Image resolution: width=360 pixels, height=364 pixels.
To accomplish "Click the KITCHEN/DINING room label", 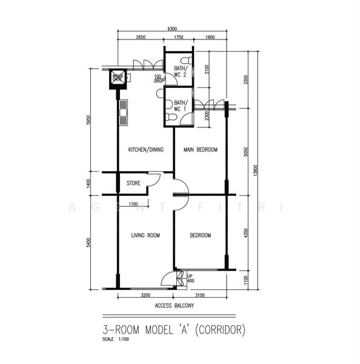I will pyautogui.click(x=144, y=149).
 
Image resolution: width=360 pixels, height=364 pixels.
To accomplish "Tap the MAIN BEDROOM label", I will pyautogui.click(x=201, y=149).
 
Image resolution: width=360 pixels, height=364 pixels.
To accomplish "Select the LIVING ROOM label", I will pyautogui.click(x=145, y=235).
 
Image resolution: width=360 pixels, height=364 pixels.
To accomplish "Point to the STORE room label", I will pyautogui.click(x=133, y=183).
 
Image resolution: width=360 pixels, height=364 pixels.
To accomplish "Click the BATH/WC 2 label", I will pyautogui.click(x=182, y=72).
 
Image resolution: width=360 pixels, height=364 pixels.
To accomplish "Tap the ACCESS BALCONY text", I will pyautogui.click(x=175, y=306).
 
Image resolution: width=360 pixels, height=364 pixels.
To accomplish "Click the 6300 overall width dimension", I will pyautogui.click(x=172, y=29).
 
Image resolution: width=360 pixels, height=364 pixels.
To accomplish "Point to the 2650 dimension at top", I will pyautogui.click(x=141, y=38).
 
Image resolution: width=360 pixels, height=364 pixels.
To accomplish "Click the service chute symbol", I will pyautogui.click(x=118, y=78).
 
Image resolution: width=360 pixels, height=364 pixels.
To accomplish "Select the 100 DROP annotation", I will pyautogui.click(x=159, y=78).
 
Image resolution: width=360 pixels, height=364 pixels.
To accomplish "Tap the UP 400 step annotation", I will pyautogui.click(x=190, y=278).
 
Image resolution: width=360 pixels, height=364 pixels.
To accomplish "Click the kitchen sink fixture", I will pyautogui.click(x=124, y=113).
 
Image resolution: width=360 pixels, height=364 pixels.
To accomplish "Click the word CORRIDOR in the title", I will pyautogui.click(x=221, y=332).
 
